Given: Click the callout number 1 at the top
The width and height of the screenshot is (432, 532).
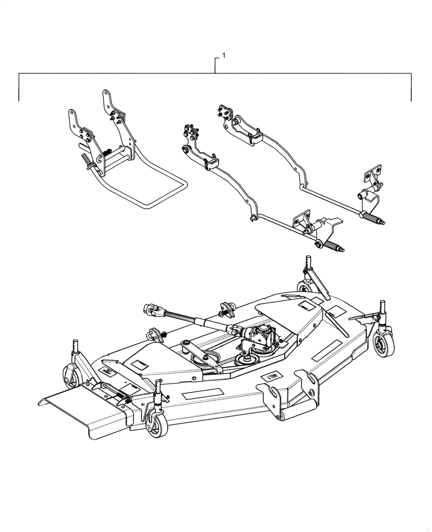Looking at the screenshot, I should (223, 55).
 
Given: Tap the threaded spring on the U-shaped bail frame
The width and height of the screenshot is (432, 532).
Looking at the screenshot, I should (86, 160).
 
